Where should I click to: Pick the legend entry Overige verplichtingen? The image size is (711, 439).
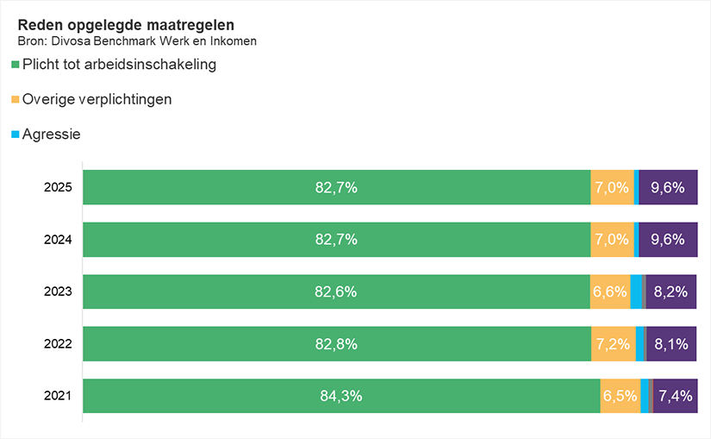(97, 99)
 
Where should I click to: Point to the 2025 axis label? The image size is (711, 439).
(58, 187)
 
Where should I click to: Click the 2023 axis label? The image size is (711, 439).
(58, 292)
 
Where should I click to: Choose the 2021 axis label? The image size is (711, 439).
(58, 396)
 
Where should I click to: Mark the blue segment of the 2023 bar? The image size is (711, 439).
(636, 292)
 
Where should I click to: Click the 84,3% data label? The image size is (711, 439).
(340, 396)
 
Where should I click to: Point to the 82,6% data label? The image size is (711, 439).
(336, 292)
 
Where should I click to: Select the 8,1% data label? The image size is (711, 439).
(670, 344)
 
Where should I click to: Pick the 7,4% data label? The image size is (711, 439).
(675, 396)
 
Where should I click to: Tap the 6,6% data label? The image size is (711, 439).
(609, 292)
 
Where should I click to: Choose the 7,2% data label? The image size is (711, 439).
(613, 344)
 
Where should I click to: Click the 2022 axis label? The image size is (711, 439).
(58, 344)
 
